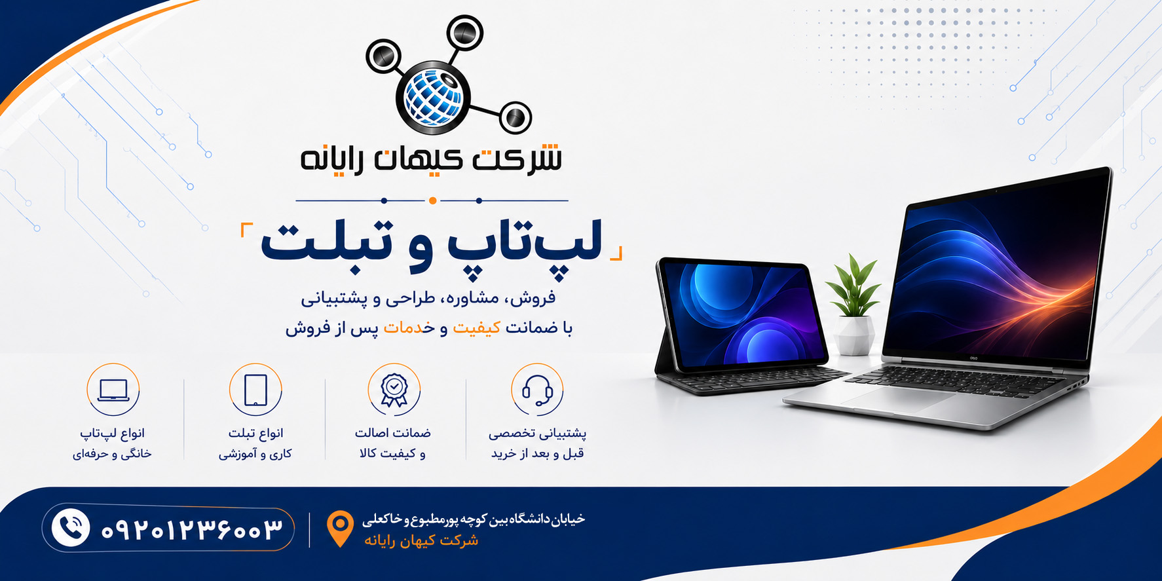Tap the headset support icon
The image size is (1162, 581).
(x=537, y=390)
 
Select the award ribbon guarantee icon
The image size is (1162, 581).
(x=394, y=390)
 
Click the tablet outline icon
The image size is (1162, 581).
(x=255, y=390)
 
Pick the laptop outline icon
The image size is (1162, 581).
(x=113, y=390)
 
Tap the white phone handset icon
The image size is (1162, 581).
(x=71, y=527)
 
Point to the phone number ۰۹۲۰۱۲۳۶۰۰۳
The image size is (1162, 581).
(x=191, y=529)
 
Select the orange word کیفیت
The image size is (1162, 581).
(x=477, y=328)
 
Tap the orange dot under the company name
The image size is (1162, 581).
(x=432, y=200)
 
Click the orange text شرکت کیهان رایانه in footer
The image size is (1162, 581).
(x=421, y=540)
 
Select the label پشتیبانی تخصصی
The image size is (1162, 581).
(x=537, y=433)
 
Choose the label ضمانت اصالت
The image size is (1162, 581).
(x=393, y=433)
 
